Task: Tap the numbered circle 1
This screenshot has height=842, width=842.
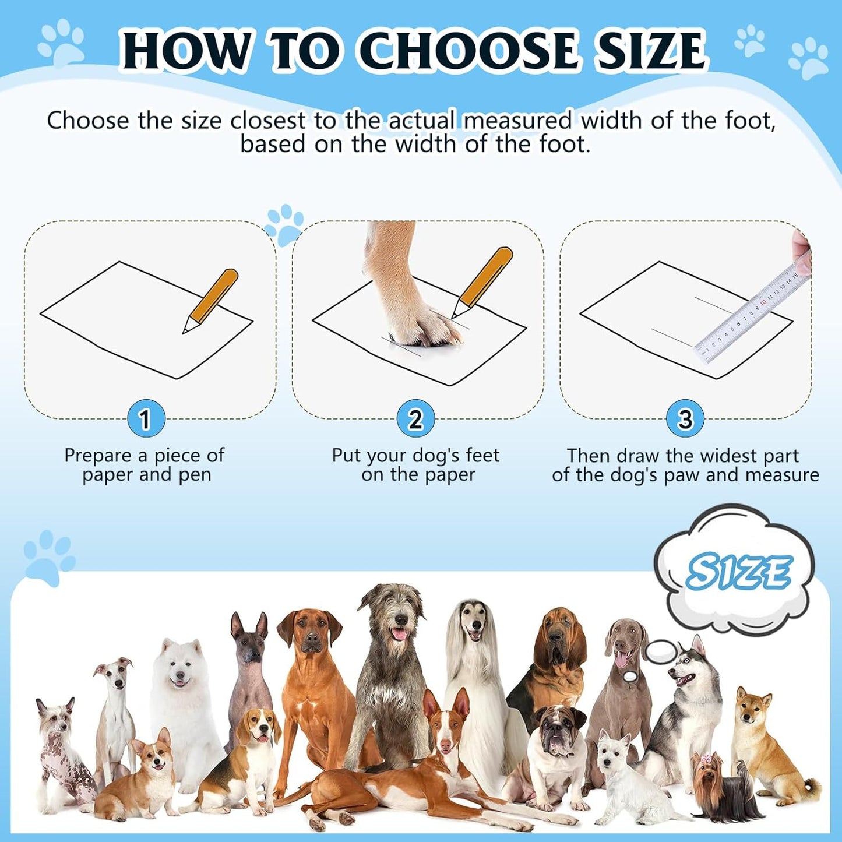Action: pos(146,418)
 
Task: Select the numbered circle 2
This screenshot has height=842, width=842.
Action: pos(415,418)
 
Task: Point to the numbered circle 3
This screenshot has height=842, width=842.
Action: pos(685,418)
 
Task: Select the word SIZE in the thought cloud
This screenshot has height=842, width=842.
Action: pos(738,572)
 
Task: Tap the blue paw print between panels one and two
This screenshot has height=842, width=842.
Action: pos(285,224)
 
